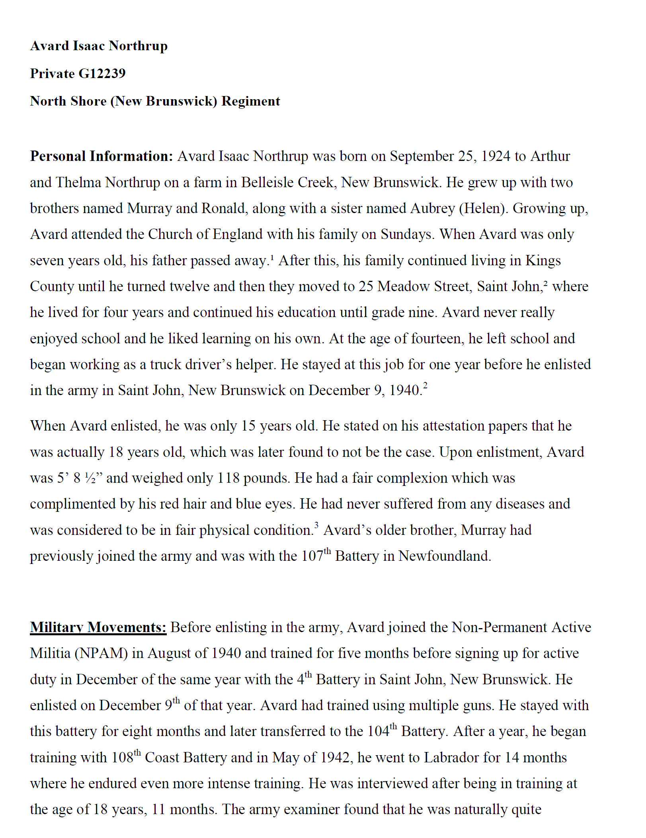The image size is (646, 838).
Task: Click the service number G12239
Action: coord(102,73)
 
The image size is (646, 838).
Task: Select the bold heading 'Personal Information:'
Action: coord(101,156)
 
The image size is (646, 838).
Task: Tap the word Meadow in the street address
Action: coord(404,286)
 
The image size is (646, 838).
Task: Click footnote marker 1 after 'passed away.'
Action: coord(272,256)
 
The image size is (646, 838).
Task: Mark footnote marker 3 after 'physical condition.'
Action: coord(316,525)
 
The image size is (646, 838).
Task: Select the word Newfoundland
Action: coord(445,556)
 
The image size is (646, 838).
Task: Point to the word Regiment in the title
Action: coord(251,101)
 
